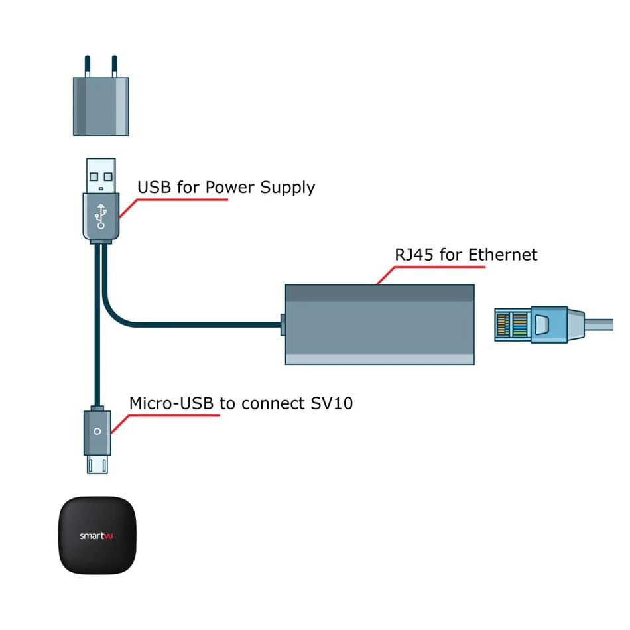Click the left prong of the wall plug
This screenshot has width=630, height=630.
87,66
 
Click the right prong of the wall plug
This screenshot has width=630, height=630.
115,66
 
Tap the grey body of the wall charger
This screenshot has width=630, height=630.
101,107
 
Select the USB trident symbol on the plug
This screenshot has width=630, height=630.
101,216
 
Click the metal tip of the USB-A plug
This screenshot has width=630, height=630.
101,176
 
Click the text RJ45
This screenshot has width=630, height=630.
414,255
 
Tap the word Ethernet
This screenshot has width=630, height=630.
503,255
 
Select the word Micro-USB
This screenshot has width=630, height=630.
172,403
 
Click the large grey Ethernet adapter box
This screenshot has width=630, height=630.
380,325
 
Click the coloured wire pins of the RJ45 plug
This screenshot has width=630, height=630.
512,325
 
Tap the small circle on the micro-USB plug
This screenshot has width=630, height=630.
97,432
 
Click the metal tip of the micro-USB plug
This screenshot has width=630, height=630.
97,464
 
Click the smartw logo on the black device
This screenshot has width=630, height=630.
96,536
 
